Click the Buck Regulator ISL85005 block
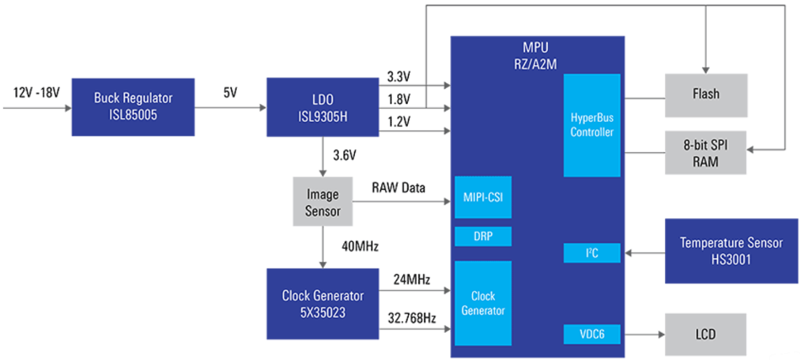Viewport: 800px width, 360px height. [x=133, y=106]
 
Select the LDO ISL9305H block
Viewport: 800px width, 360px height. [x=323, y=106]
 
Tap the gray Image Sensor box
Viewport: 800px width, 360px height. [x=322, y=201]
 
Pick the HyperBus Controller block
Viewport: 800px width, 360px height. [x=591, y=124]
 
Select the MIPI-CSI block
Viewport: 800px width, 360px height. [x=482, y=197]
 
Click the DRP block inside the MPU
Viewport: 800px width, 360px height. [x=482, y=237]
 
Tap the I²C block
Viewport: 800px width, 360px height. [x=591, y=253]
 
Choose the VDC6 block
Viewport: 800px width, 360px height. [x=591, y=335]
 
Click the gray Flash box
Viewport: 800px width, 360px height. [x=705, y=95]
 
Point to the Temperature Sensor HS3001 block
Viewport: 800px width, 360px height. [x=731, y=251]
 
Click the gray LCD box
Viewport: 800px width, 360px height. [x=705, y=335]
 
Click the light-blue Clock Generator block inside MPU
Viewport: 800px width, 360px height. [x=482, y=303]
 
